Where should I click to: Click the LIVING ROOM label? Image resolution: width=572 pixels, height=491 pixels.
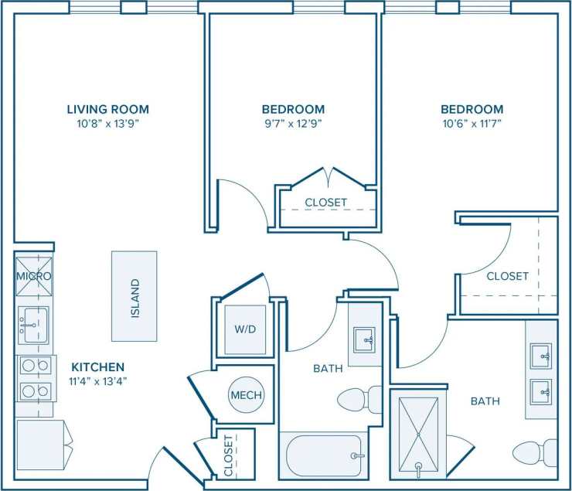107,109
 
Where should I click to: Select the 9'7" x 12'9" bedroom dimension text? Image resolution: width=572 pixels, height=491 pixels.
293,122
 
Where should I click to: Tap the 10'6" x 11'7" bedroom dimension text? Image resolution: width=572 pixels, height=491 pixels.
472,122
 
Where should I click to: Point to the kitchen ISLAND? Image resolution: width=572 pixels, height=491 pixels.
134,295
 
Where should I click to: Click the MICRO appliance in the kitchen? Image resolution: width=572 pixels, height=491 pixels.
34,276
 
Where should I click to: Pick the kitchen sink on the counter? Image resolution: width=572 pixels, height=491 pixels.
33,326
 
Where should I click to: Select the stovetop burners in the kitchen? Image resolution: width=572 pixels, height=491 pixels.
35,378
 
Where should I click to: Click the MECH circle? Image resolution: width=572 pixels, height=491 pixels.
246,395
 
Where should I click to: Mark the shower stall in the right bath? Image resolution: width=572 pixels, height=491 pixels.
418,434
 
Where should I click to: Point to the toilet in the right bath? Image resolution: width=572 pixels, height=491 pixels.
535,452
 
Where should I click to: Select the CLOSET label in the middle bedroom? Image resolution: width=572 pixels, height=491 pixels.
325,203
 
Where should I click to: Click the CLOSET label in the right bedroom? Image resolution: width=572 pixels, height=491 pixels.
507,276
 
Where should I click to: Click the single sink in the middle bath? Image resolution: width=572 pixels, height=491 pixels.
364,339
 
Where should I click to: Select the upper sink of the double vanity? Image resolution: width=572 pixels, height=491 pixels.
541,356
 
